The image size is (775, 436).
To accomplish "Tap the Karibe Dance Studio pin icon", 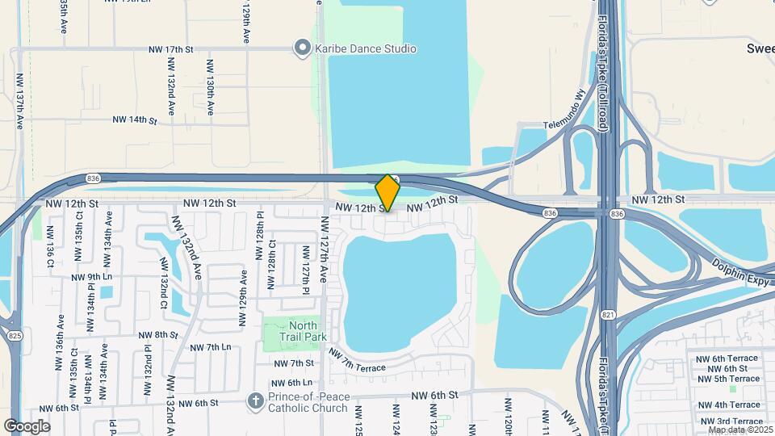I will [x=302, y=48].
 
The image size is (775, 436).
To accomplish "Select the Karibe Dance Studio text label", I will [x=366, y=48].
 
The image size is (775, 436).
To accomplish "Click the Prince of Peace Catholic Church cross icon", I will [x=255, y=400].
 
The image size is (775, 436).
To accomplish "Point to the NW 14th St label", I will [x=134, y=120].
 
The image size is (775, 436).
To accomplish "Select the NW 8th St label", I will [x=157, y=335].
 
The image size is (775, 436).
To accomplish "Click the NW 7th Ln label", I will [x=210, y=347].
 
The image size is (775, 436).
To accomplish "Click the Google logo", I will [x=27, y=426].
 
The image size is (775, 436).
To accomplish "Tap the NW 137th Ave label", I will [x=20, y=102].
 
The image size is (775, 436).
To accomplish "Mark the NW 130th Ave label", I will [x=209, y=86].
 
